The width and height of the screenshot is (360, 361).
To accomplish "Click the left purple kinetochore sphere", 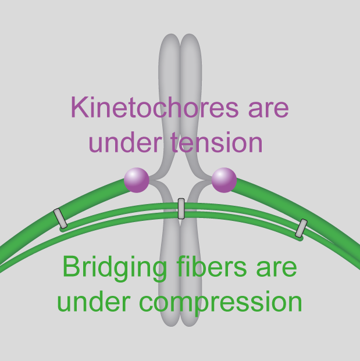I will point(137,180).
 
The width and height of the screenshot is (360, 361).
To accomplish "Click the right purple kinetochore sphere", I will point(224,180).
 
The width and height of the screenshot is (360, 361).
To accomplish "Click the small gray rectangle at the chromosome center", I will point(181,208).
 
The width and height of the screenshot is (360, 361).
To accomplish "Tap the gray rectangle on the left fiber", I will point(60,218).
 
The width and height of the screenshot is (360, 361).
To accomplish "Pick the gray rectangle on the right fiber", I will point(301,228).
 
